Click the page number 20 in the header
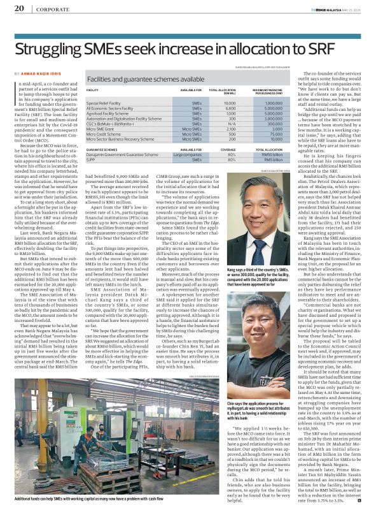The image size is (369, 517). (x=18, y=9)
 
